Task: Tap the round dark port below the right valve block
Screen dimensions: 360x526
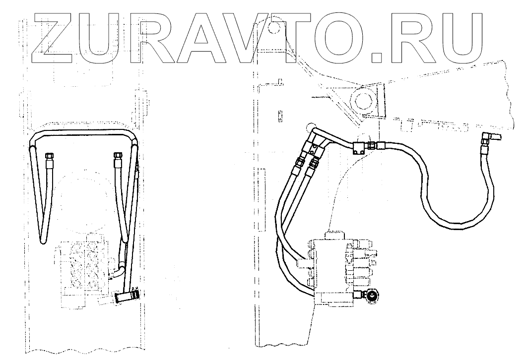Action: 371,297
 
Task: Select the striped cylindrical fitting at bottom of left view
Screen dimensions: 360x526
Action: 127,298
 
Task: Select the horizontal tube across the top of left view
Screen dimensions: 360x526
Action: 82,133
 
